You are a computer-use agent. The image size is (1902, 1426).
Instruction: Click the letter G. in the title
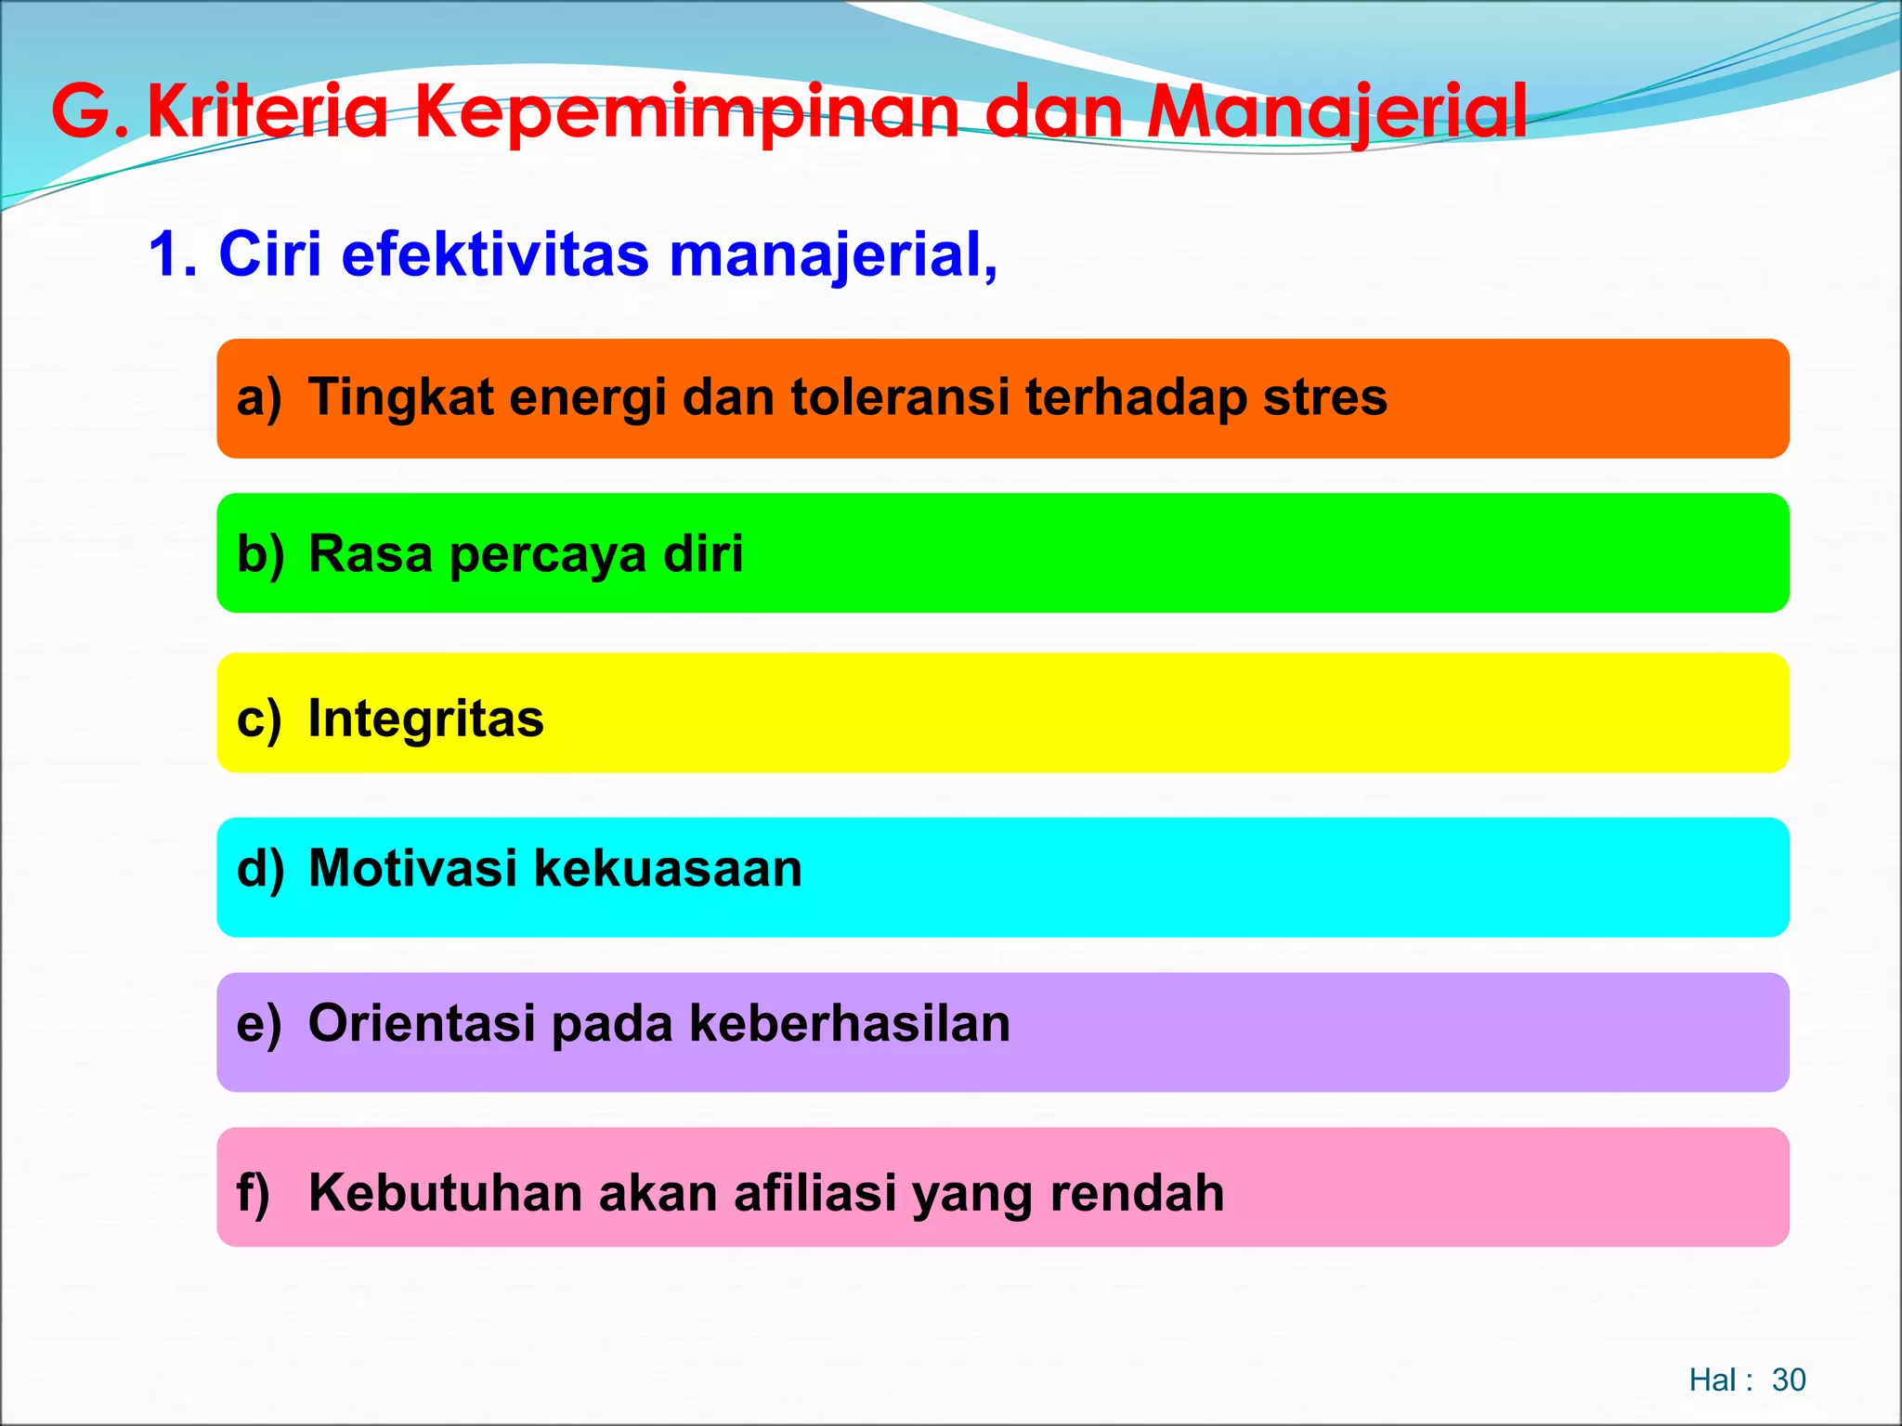pos(88,112)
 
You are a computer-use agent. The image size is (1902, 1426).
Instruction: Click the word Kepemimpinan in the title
pos(686,112)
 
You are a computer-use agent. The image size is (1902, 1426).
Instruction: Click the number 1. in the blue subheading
pos(173,253)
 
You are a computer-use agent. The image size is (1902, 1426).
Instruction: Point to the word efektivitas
pos(495,253)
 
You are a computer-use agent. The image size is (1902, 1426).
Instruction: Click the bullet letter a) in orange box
pos(258,398)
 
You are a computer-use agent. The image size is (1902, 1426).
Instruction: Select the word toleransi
pos(900,397)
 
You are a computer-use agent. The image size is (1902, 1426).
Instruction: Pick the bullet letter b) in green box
pos(260,554)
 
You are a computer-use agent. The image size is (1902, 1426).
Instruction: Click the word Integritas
pos(425,719)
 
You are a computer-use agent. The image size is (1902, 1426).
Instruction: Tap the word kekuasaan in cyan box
pos(668,869)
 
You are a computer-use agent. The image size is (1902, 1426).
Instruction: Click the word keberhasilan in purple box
pos(849,1024)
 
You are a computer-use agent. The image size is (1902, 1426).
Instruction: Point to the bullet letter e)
pos(258,1024)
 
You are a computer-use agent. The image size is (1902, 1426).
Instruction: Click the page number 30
pos(1788,1380)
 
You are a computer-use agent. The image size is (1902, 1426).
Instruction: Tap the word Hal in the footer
pos(1712,1380)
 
